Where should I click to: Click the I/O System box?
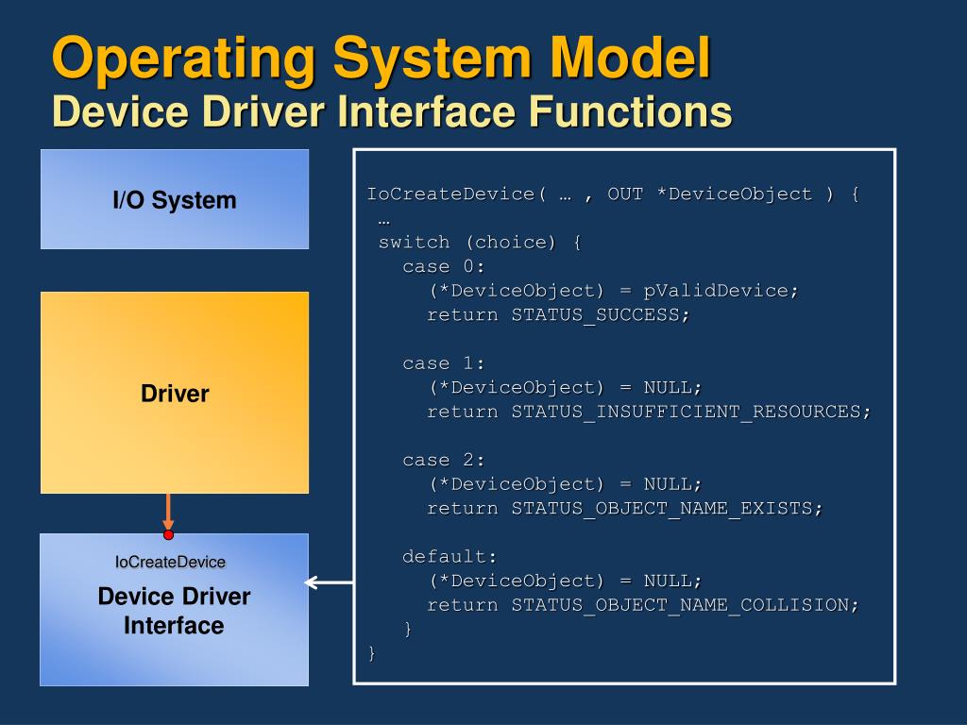tap(174, 199)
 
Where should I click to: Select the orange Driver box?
tap(174, 393)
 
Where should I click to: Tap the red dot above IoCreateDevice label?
tap(168, 534)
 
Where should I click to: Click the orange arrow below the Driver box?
tap(168, 512)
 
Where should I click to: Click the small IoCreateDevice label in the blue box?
tap(171, 562)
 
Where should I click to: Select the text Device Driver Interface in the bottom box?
tap(174, 611)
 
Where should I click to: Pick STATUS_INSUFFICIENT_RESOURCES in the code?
tap(690, 411)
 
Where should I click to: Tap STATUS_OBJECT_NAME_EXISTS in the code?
tap(667, 508)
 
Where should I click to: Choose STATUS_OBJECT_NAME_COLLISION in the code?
tap(685, 604)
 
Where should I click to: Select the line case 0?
tap(443, 266)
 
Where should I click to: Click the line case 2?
tap(443, 460)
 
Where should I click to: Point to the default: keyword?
tap(449, 556)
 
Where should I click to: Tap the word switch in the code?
tap(414, 242)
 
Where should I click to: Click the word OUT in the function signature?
tap(625, 194)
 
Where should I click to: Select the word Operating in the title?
tap(183, 59)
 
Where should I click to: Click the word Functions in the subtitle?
tap(630, 111)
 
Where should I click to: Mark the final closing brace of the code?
tap(372, 652)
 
